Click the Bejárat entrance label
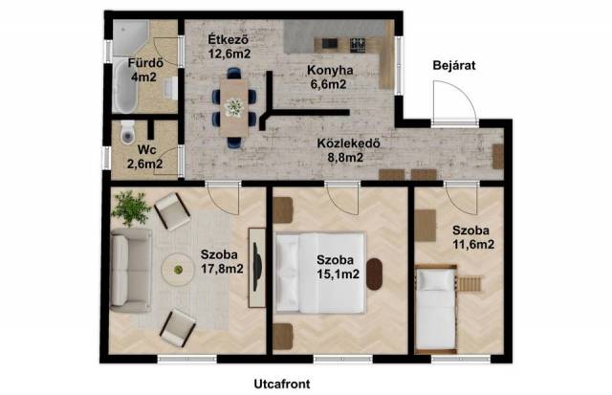[454, 66]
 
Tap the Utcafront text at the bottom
[282, 384]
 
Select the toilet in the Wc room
[127, 132]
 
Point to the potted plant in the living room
[131, 208]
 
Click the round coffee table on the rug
[178, 270]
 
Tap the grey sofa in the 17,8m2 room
[131, 271]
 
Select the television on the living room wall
[256, 267]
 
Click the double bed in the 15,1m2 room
[320, 273]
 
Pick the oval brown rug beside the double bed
[374, 274]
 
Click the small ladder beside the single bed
[470, 284]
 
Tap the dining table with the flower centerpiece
[233, 108]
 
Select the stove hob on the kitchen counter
[358, 45]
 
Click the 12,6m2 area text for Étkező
[229, 54]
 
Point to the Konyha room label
[330, 70]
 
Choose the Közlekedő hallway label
[348, 143]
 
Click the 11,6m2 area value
[473, 244]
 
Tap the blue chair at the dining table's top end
[233, 73]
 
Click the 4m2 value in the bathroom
[143, 77]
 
